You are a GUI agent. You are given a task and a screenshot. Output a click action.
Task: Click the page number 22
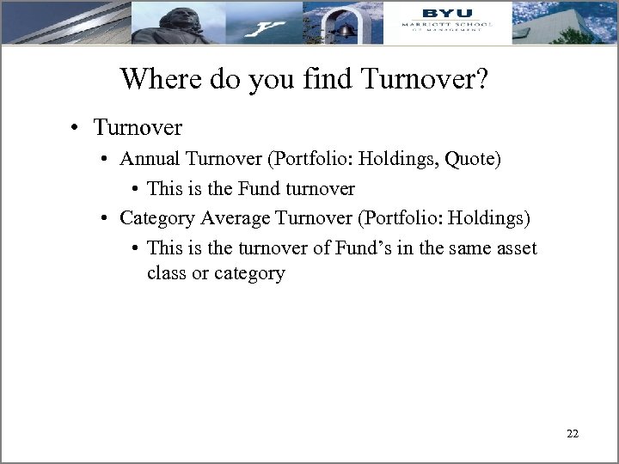coord(573,434)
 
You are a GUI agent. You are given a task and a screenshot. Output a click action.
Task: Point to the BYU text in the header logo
coord(446,13)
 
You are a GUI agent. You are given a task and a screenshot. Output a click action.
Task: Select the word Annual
coord(147,159)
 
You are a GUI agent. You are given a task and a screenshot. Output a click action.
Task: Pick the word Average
coord(232,218)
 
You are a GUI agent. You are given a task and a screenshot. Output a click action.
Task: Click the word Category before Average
coord(156,218)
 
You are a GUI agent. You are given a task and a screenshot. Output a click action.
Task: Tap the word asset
coord(515,248)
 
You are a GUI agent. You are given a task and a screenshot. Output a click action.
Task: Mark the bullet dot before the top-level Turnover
coord(77,129)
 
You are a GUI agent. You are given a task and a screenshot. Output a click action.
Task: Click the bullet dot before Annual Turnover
coord(103,160)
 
